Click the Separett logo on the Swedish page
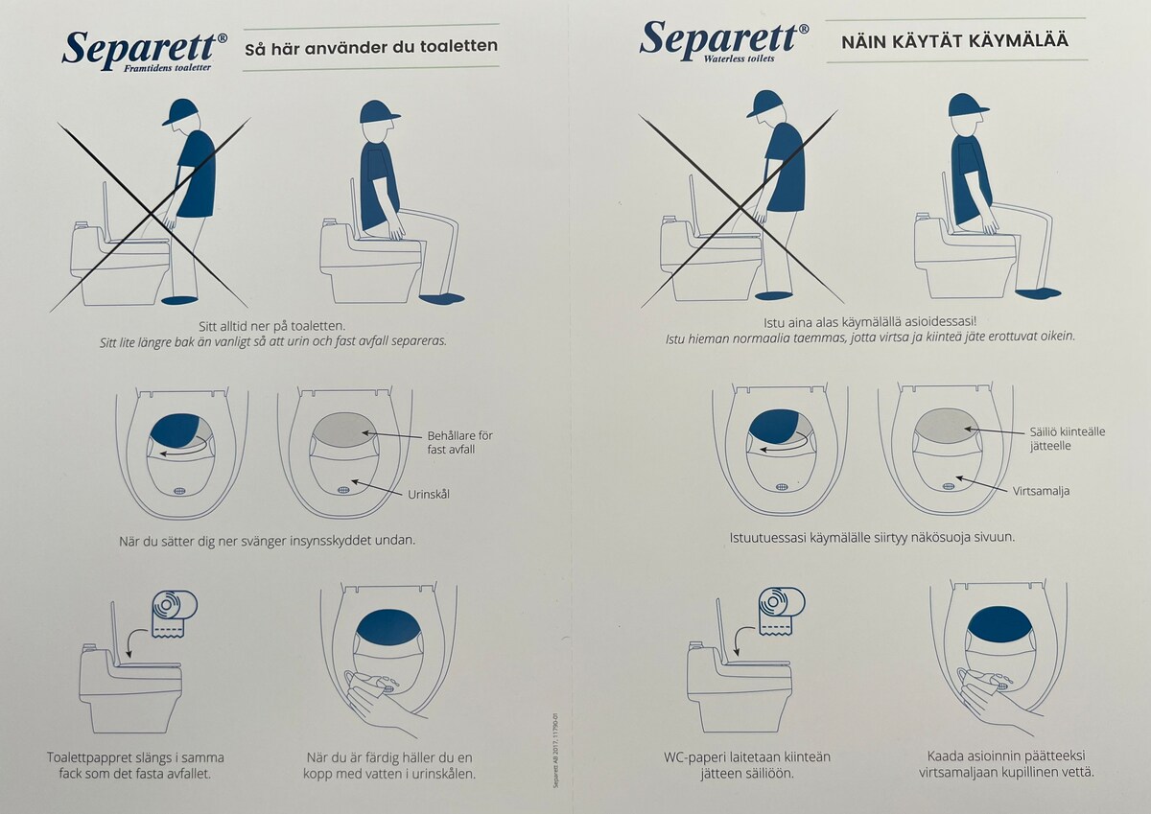pos(145,50)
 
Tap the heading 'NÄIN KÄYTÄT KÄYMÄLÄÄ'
pos(954,41)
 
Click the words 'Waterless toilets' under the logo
pos(739,58)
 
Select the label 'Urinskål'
pos(429,494)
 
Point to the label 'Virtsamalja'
pos(1041,491)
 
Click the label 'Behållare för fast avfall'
pos(459,442)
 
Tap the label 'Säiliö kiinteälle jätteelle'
pos(1068,438)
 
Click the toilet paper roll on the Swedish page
pos(175,614)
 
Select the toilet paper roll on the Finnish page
pos(782,612)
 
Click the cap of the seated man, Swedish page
pos(380,111)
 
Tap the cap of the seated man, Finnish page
pos(968,105)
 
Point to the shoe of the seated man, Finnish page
pos(1038,293)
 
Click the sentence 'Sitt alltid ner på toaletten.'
pos(271,326)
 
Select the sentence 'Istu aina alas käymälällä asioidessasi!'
pos(869,322)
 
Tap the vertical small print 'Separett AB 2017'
pos(555,751)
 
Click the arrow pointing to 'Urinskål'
pos(377,488)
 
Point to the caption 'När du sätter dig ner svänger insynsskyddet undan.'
pos(268,541)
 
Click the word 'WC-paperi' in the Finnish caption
pos(694,757)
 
